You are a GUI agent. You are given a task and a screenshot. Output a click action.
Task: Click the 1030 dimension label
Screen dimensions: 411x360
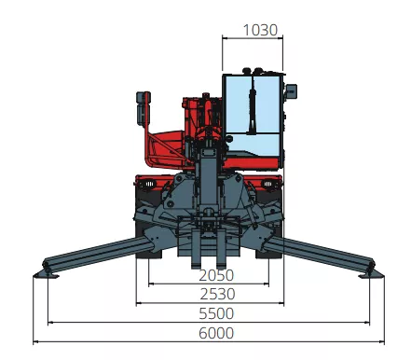tap(260, 30)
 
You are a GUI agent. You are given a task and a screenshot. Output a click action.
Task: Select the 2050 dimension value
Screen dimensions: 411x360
tap(216, 275)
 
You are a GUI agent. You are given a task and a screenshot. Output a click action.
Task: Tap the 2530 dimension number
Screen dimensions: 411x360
tap(217, 294)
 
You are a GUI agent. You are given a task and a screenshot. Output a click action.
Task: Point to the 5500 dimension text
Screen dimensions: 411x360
tap(216, 313)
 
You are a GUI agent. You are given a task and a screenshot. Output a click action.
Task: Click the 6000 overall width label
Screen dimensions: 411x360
tap(216, 333)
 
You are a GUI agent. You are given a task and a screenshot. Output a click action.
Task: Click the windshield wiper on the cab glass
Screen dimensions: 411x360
tap(252, 105)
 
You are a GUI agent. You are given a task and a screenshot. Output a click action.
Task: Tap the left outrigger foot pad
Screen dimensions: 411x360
tap(47, 274)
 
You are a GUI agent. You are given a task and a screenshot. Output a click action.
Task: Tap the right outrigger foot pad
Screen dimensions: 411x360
tap(371, 274)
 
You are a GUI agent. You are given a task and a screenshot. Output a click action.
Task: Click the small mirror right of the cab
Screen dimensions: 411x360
tap(292, 91)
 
